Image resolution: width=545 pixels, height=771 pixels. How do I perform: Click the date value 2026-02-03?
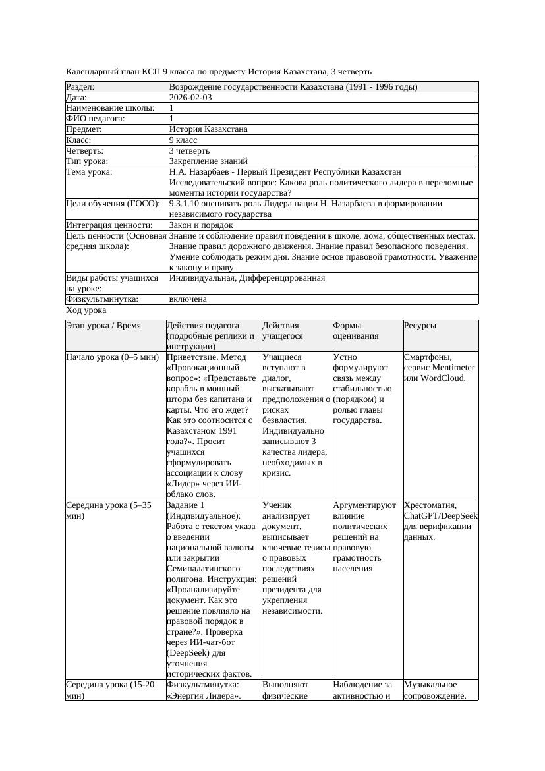point(190,98)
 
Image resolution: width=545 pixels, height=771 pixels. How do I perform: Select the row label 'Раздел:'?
point(80,87)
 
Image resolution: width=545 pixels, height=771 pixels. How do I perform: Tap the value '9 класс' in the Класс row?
point(183,140)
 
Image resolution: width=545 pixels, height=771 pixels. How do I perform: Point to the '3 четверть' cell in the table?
point(189,151)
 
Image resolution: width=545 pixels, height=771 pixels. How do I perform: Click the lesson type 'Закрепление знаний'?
point(208,161)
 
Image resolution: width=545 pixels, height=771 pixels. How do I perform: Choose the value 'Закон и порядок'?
point(201,225)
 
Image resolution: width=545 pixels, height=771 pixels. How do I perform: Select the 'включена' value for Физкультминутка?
point(188,299)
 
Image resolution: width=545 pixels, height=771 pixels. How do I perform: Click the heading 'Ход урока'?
point(86,310)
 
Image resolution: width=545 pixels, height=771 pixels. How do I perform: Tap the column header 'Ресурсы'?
point(419,326)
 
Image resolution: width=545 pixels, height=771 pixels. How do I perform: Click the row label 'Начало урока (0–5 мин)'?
point(112,357)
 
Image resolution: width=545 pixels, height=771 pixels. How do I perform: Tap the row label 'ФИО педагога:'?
point(96,119)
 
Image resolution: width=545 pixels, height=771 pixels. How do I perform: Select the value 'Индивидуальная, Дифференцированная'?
point(247,278)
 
